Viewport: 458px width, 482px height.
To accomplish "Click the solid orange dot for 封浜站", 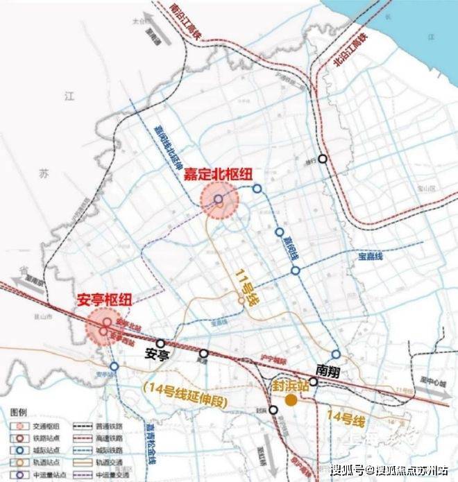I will tap(291, 399).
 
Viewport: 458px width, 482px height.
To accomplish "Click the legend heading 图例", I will tap(19, 411).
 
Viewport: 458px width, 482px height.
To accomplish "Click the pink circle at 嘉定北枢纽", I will tap(219, 200).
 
